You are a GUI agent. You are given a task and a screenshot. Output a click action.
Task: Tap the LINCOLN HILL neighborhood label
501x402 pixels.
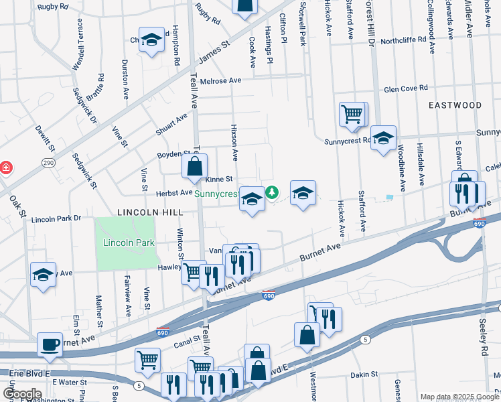pyautogui.click(x=150, y=212)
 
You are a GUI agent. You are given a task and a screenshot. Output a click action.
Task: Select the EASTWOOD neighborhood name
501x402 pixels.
pyautogui.click(x=455, y=105)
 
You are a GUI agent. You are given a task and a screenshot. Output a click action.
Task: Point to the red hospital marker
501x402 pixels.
pyautogui.click(x=4, y=167)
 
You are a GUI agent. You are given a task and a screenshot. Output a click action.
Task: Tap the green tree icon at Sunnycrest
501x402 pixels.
pyautogui.click(x=272, y=193)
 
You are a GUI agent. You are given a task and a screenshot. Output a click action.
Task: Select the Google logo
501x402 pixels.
pyautogui.click(x=23, y=394)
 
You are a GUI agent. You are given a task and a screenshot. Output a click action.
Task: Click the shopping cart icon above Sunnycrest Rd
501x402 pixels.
pyautogui.click(x=352, y=113)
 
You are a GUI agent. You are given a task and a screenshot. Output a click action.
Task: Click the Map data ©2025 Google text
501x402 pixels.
pyautogui.click(x=459, y=397)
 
